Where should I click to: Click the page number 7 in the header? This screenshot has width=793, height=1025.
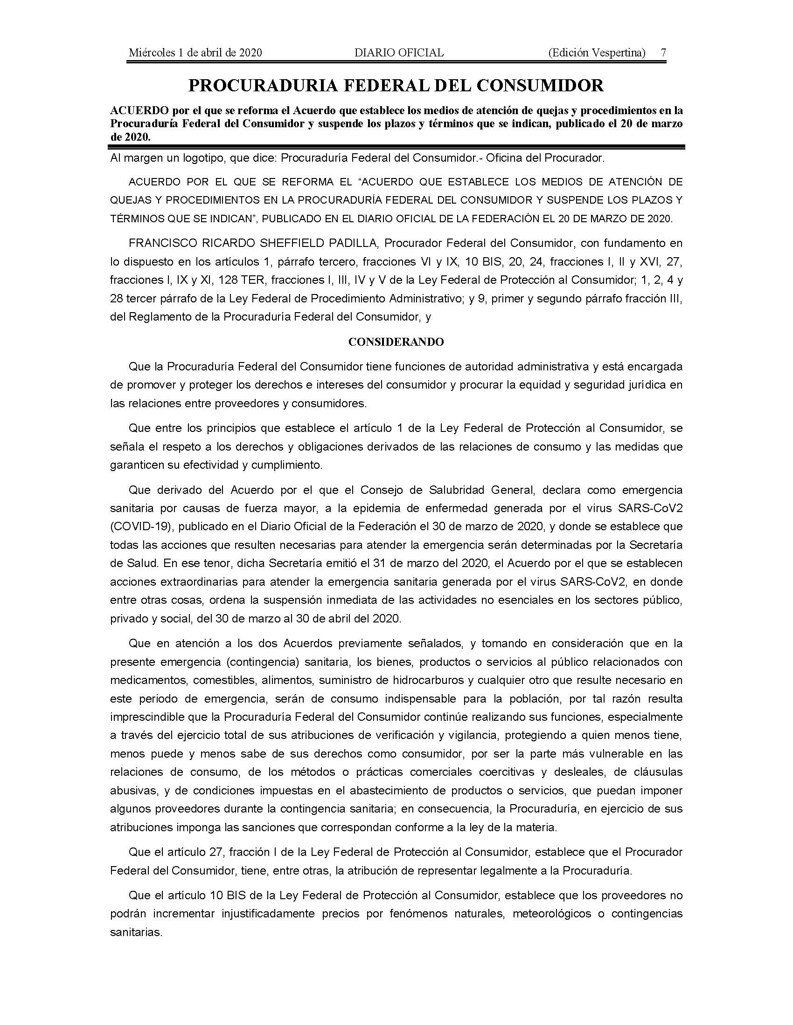(663, 53)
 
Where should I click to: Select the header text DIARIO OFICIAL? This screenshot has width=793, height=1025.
(399, 53)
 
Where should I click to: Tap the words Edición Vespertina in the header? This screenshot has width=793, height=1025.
(597, 53)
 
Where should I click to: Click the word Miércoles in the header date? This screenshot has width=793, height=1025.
(151, 53)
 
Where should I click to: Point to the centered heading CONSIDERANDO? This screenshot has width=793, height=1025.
(396, 342)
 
